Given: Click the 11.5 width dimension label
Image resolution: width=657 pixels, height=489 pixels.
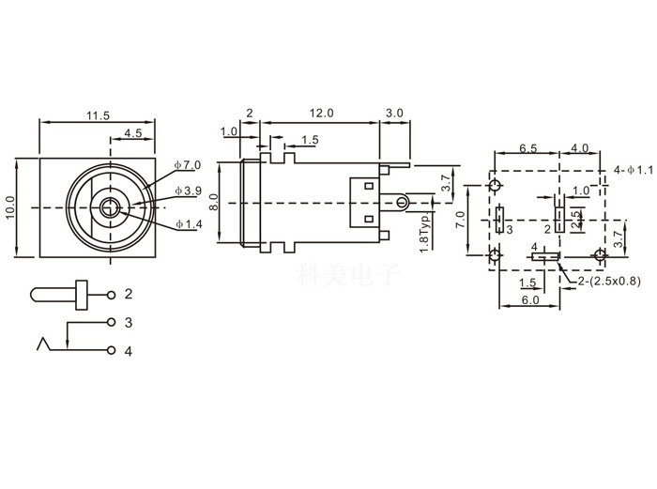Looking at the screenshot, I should point(98,115).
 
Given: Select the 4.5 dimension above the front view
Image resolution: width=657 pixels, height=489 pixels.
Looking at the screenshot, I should point(131,133).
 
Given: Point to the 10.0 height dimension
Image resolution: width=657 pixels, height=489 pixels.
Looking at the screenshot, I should point(10,206).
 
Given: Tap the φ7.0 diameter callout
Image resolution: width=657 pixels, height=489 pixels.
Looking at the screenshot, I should point(189,165).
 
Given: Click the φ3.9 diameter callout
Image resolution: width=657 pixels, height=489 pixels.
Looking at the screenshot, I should point(189,191).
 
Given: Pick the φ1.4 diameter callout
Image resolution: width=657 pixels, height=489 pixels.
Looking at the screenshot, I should point(189,223).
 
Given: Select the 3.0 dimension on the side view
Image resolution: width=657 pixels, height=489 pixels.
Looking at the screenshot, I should point(394,113).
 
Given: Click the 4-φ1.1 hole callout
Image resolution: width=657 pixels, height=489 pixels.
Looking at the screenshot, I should point(632,170).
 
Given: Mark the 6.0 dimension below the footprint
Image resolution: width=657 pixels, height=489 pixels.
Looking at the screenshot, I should point(529,300).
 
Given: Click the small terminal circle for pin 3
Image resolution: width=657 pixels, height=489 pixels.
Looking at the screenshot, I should point(113,323).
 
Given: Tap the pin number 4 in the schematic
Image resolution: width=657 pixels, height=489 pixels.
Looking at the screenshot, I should point(129,352).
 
